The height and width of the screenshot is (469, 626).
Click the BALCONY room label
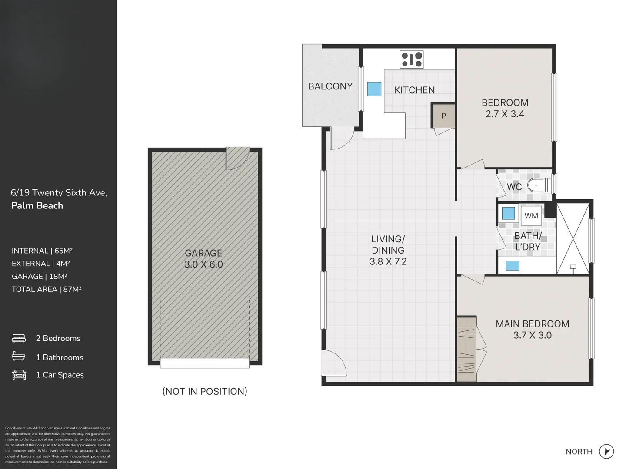[330, 86]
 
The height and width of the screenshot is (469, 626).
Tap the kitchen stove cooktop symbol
[412, 60]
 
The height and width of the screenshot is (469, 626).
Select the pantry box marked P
[443, 116]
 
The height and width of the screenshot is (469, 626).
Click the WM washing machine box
[531, 216]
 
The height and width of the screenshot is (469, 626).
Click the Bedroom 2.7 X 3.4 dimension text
[505, 114]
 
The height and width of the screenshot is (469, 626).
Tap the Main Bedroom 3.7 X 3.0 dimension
[532, 335]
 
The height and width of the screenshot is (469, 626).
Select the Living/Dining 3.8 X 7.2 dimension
[388, 261]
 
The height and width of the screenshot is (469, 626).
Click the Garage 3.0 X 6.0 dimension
[203, 264]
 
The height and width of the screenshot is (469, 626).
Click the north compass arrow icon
[606, 451]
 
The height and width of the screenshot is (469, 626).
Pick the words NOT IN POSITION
[205, 391]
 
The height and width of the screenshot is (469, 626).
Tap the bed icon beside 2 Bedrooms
[19, 338]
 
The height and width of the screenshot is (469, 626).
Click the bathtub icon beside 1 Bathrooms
[19, 357]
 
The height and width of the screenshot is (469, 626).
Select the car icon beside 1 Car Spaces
[19, 375]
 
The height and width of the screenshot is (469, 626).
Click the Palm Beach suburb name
[37, 206]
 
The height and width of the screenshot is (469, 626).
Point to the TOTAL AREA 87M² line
[47, 289]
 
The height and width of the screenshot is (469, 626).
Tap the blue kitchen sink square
[374, 89]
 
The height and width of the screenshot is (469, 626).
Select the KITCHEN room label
[414, 90]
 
